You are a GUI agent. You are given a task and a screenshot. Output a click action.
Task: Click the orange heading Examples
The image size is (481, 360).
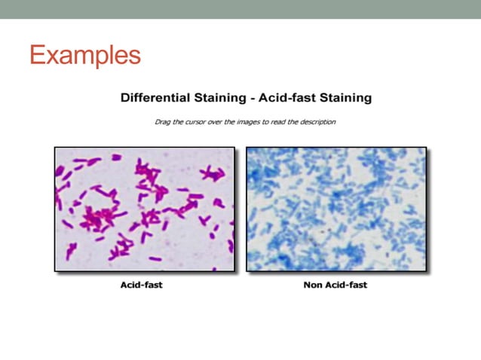coord(85,55)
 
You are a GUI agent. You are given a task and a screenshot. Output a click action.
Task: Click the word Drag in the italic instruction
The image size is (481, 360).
coord(162,121)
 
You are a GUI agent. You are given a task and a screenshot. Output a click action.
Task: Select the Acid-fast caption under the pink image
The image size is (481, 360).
coord(141,285)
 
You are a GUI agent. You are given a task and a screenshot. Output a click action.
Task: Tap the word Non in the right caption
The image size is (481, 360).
coord(313,285)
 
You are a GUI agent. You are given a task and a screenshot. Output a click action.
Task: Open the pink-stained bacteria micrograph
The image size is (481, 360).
coord(144,209)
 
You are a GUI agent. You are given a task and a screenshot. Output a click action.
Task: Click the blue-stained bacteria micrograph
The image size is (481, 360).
coord(336,209)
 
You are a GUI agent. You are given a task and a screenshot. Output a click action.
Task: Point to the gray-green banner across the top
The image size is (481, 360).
coord(240,9)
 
